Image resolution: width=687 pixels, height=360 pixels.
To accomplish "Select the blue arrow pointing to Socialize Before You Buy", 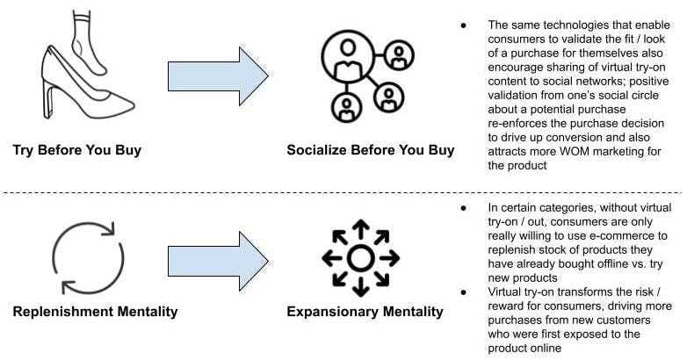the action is pos(218,76).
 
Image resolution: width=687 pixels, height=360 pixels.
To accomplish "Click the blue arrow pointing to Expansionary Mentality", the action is pos(218,261).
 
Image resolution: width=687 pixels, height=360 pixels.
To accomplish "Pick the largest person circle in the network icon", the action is pos(348,56).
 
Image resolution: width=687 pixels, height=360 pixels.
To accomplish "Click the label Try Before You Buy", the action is pos(77,150).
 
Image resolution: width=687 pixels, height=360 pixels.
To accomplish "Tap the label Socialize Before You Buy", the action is pos(371,150).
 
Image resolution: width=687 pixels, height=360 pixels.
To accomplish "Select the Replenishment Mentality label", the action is pos(95,312).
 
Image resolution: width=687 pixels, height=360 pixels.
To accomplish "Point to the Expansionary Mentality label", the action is pos(365,312).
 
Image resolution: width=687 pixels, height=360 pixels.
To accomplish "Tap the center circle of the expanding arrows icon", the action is pos(360,258).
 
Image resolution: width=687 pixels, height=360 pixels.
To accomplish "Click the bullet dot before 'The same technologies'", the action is pos(463,25).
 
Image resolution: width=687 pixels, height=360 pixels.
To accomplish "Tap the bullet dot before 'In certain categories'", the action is pos(463,208).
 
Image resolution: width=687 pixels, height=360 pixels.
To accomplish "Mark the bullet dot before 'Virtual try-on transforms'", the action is pos(463,292).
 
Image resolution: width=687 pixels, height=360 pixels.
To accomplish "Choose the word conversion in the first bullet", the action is pos(582,138).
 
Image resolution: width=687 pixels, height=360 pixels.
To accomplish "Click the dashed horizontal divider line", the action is pos(342,192).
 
